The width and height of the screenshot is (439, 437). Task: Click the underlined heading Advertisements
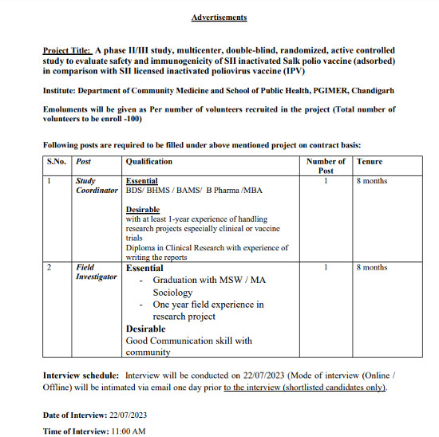(219, 17)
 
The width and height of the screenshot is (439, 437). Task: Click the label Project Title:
(68, 49)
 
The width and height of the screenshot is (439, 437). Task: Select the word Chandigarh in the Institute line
(373, 91)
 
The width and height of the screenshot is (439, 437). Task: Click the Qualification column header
(149, 161)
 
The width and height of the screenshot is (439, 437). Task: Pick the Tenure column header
(370, 161)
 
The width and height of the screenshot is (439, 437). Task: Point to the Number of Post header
(326, 166)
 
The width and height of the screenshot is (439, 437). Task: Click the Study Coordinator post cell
(97, 186)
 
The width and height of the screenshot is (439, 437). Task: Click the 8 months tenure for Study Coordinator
(372, 181)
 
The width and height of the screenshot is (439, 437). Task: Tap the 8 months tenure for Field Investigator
(372, 267)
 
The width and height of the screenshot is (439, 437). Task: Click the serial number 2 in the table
(49, 267)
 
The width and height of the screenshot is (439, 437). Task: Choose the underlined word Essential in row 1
(142, 181)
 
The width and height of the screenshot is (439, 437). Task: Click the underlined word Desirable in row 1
(143, 210)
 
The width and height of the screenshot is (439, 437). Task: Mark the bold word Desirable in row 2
(146, 329)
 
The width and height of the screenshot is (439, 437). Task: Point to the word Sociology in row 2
(173, 293)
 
